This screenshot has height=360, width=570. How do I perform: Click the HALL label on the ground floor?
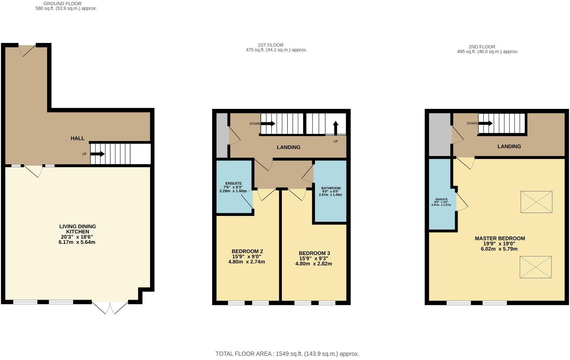(x=77, y=138)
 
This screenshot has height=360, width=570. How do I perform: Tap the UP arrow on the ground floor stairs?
(x=97, y=154)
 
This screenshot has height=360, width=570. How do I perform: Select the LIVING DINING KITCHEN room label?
(x=77, y=229)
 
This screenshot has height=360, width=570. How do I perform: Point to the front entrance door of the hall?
(x=27, y=50)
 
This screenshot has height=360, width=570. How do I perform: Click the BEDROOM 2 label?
(x=247, y=251)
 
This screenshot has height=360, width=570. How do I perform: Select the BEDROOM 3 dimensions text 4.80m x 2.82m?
(x=314, y=264)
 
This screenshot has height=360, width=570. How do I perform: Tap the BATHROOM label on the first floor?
(x=331, y=188)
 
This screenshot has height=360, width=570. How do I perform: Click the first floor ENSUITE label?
(x=233, y=183)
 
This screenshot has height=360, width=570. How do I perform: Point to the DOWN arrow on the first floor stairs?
(x=268, y=123)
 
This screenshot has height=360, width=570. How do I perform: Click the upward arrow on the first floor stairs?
(x=336, y=128)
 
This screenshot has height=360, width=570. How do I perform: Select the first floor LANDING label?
(x=288, y=147)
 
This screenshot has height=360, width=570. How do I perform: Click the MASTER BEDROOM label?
(x=500, y=239)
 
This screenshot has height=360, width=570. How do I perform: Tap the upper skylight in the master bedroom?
(x=536, y=202)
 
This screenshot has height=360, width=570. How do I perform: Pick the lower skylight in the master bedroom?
(x=535, y=267)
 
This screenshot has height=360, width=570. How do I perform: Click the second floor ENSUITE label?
(x=441, y=200)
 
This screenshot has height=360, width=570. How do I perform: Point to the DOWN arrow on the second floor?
(x=485, y=123)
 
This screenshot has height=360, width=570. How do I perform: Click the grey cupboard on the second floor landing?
(x=440, y=134)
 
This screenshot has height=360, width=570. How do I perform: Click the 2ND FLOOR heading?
(x=482, y=47)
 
